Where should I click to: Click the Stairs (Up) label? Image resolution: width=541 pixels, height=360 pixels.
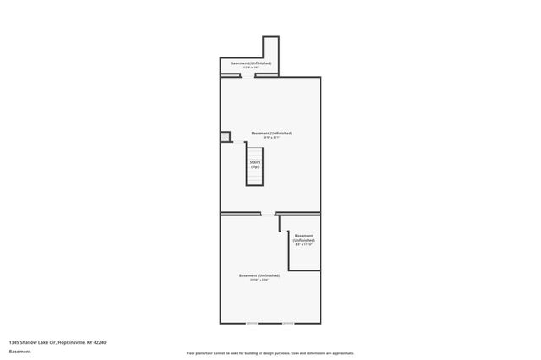pyautogui.click(x=254, y=164)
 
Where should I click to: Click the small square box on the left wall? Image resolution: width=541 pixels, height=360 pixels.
pyautogui.click(x=225, y=137)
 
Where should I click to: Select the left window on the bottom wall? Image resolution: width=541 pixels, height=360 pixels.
pyautogui.click(x=251, y=323)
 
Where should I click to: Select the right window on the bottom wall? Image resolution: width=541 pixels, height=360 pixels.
pyautogui.click(x=288, y=323)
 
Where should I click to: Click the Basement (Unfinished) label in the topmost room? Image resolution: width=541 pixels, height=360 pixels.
pyautogui.click(x=251, y=63)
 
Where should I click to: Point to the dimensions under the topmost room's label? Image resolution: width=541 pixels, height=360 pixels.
pyautogui.click(x=251, y=68)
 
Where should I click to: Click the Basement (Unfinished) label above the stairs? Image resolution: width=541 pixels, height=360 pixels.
pyautogui.click(x=271, y=134)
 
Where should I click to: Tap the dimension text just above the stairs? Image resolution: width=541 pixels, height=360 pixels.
pyautogui.click(x=271, y=138)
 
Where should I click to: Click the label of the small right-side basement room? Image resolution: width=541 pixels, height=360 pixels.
pyautogui.click(x=303, y=237)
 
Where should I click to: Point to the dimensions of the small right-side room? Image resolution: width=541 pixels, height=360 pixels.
pyautogui.click(x=303, y=245)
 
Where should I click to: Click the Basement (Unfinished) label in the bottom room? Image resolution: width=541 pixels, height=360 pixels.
pyautogui.click(x=260, y=275)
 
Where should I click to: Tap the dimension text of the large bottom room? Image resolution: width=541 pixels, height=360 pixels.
pyautogui.click(x=260, y=280)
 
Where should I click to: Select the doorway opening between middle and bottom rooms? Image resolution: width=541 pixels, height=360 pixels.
pyautogui.click(x=268, y=214)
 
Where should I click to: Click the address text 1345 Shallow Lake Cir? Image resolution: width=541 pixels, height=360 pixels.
pyautogui.click(x=57, y=342)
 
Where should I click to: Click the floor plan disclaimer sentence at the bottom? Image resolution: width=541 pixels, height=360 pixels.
pyautogui.click(x=270, y=353)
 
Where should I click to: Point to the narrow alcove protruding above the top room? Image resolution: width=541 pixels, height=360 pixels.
pyautogui.click(x=270, y=48)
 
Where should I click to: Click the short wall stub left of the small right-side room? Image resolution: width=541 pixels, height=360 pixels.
pyautogui.click(x=280, y=223)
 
